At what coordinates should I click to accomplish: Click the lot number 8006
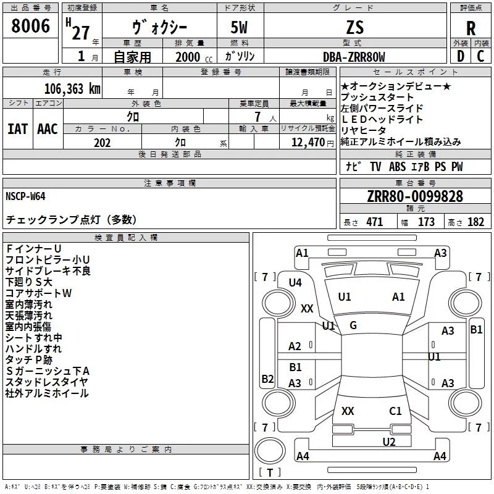coord(30,26)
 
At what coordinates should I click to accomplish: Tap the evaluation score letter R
coord(471,28)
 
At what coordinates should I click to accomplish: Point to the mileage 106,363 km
coord(72,88)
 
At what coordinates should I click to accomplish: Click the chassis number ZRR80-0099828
coord(415,196)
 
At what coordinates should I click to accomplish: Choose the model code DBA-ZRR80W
coord(354,57)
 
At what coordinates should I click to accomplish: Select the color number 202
coord(102,143)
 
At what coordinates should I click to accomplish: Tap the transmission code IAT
coord(17,128)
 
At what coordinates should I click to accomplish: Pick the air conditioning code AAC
coord(47,128)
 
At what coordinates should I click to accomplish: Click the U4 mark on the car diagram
coord(295,282)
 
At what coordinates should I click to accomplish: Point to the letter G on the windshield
coord(353,325)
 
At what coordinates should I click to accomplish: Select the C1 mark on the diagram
coord(395,411)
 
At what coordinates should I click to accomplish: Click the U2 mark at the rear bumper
coord(388,441)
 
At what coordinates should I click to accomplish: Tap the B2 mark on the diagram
coord(267,379)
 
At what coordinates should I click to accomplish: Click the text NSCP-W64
coord(25,196)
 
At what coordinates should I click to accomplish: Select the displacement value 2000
coord(188,57)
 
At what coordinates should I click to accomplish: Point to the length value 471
coord(374,222)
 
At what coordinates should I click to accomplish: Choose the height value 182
coord(476,222)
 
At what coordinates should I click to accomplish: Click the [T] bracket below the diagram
coord(269,473)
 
